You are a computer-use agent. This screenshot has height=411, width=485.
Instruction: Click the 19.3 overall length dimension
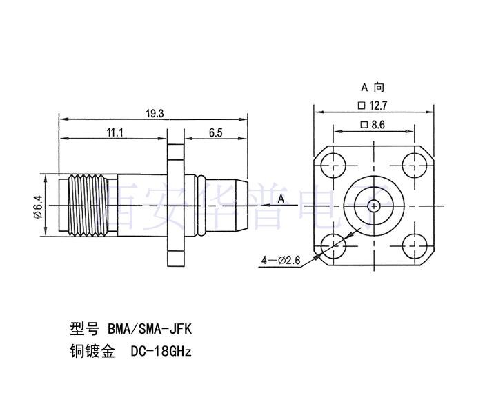[155, 114]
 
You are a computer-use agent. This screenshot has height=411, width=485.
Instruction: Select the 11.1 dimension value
[115, 133]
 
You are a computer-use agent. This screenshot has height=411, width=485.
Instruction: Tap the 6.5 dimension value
[215, 133]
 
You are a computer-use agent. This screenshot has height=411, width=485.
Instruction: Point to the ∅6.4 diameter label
[39, 206]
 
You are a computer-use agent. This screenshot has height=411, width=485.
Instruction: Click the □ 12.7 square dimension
[373, 106]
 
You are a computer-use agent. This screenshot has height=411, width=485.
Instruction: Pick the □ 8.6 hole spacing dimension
[373, 125]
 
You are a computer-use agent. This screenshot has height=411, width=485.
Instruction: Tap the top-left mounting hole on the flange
[334, 166]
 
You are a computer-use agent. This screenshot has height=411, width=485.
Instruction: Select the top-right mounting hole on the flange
[414, 166]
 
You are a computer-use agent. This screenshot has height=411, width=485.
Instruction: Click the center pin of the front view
[374, 205]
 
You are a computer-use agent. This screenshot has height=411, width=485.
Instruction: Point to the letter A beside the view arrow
[281, 199]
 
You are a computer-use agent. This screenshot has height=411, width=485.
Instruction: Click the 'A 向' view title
[373, 88]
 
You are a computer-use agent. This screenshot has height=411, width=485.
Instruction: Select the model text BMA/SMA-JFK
[153, 328]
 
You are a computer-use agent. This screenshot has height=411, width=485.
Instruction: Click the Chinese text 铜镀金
[90, 351]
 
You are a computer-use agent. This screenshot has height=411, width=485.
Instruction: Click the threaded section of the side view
[83, 205]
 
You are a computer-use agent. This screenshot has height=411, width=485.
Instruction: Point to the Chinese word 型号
[83, 328]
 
